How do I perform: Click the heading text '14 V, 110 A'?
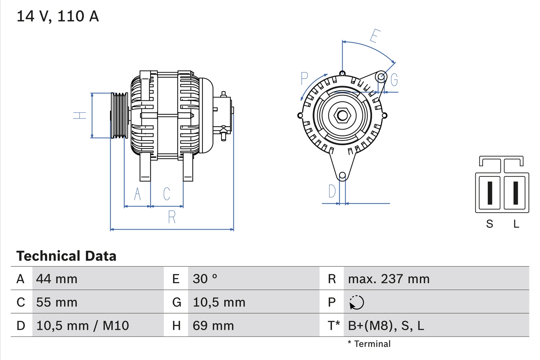[x=58, y=16]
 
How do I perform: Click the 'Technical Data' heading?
[x=66, y=256]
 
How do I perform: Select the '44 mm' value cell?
[x=57, y=279]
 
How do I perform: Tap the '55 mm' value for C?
[x=57, y=302]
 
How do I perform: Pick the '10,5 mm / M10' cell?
[x=83, y=325]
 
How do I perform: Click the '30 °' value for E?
[x=205, y=279]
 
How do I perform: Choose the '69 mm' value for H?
[x=213, y=325]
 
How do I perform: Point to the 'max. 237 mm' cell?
[x=389, y=279]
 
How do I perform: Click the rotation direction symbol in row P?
[x=356, y=302]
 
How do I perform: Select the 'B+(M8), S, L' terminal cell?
[x=386, y=325]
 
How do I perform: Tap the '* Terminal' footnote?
[x=369, y=344]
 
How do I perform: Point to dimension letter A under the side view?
[x=137, y=194]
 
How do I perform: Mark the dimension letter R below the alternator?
[x=171, y=217]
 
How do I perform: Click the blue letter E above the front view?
[x=374, y=37]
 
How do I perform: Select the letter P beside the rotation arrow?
[x=304, y=78]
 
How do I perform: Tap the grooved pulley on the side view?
[x=119, y=115]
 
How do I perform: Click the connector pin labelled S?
[x=489, y=193]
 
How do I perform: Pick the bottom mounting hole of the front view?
[x=343, y=175]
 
